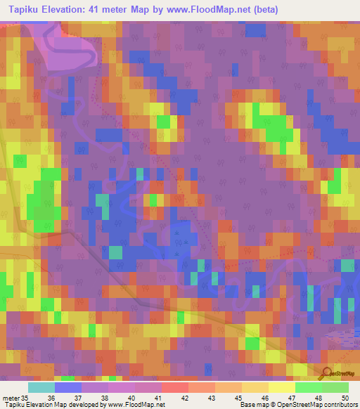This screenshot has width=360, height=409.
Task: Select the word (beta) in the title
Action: click(x=264, y=10)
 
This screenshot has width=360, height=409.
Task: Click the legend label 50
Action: click(x=345, y=397)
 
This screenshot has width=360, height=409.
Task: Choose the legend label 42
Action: click(x=184, y=397)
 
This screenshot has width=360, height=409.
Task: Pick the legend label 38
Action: click(x=103, y=397)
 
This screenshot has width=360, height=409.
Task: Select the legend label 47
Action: click(x=292, y=397)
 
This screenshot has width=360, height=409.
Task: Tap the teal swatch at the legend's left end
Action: click(x=41, y=387)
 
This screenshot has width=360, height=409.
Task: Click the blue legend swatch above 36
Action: click(x=68, y=387)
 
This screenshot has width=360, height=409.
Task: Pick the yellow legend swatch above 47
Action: click(x=281, y=387)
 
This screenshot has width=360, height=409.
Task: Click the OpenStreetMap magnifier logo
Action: click(x=326, y=373)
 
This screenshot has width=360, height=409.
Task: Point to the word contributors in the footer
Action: click(x=340, y=405)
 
